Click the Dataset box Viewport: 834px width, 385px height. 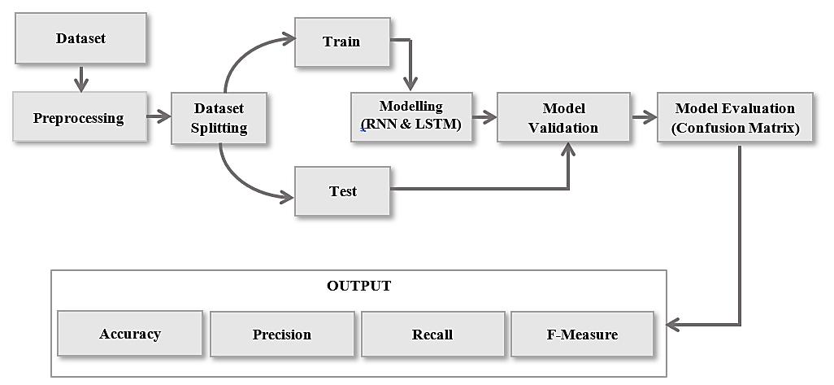tap(80, 38)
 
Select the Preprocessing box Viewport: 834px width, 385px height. tap(79, 116)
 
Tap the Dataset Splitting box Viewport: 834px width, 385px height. tap(219, 118)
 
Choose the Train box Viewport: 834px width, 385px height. tap(342, 42)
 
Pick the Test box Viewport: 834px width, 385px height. tap(342, 190)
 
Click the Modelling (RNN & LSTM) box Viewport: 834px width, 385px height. tap(411, 117)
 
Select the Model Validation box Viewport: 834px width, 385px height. tap(563, 117)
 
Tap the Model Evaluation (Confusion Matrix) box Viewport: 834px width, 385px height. tap(735, 117)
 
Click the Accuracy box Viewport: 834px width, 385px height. tap(130, 334)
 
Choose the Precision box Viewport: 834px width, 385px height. tap(282, 334)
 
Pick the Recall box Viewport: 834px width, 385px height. tap(432, 334)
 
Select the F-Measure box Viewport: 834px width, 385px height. tap(582, 334)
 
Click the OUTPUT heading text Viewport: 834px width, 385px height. tap(358, 286)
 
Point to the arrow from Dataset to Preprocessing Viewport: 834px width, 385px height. tap(80, 78)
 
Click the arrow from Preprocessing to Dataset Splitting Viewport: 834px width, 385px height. tap(159, 116)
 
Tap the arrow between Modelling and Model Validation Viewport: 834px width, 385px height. tap(484, 117)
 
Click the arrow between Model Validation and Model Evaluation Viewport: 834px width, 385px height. tap(644, 117)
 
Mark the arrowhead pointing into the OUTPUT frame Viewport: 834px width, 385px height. tap(672, 324)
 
